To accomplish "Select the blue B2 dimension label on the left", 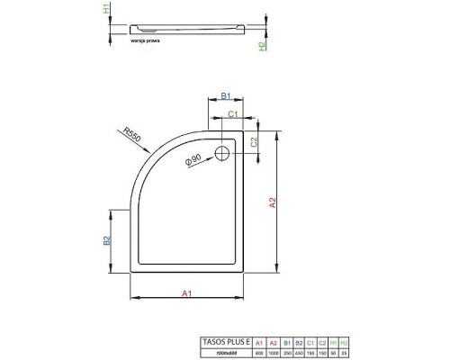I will point(105,240).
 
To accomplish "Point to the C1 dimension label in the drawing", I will point(232,114).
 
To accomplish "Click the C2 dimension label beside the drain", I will point(254,142).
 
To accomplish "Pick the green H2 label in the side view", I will point(262,45).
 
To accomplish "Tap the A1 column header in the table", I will point(259,342).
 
